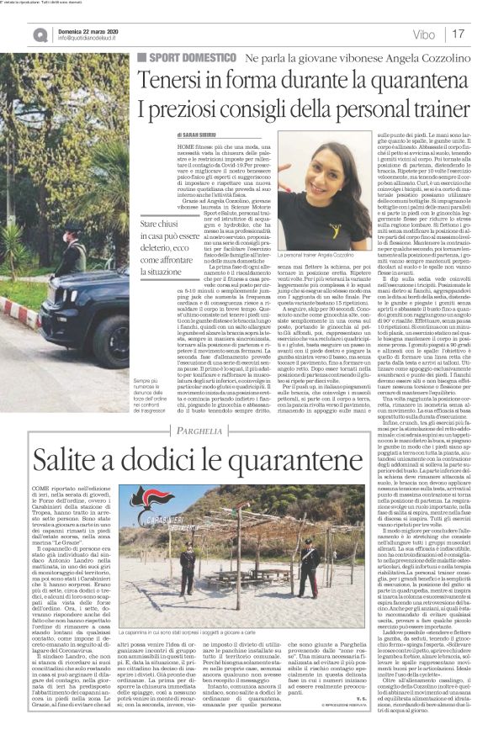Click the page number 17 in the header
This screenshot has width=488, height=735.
pos(459,34)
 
